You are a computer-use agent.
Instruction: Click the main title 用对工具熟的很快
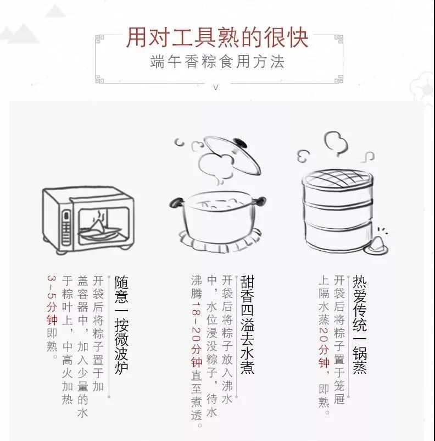pos(217,38)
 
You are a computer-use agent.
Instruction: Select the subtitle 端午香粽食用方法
pos(217,62)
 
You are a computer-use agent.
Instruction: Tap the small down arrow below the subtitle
pos(216,87)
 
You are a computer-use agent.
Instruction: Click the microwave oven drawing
pos(88,220)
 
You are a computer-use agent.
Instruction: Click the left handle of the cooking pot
pos(177,202)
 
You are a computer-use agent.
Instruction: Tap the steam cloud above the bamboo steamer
pos(335,144)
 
